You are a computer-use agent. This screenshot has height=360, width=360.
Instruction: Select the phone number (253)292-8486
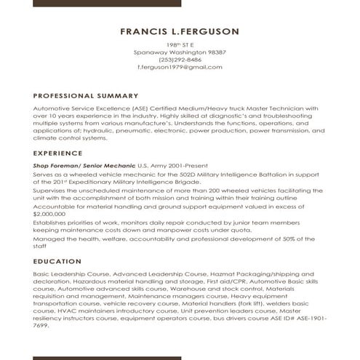[x=180, y=60]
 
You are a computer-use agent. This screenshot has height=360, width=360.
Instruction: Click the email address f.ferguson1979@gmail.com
[x=180, y=67]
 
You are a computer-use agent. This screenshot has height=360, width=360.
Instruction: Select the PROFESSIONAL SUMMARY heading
[x=86, y=95]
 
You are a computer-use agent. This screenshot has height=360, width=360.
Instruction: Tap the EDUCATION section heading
[x=57, y=260]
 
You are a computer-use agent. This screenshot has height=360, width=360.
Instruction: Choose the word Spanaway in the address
[x=151, y=52]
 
